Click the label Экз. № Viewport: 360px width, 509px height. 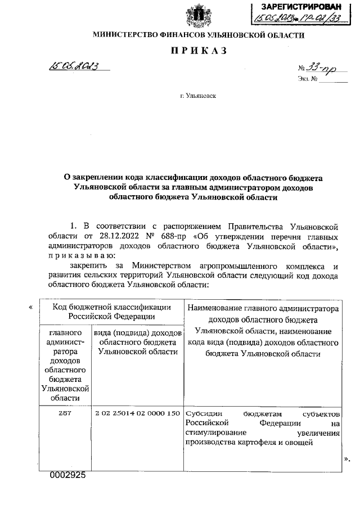[x=308, y=79]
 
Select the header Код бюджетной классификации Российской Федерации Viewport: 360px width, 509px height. [x=111, y=312]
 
